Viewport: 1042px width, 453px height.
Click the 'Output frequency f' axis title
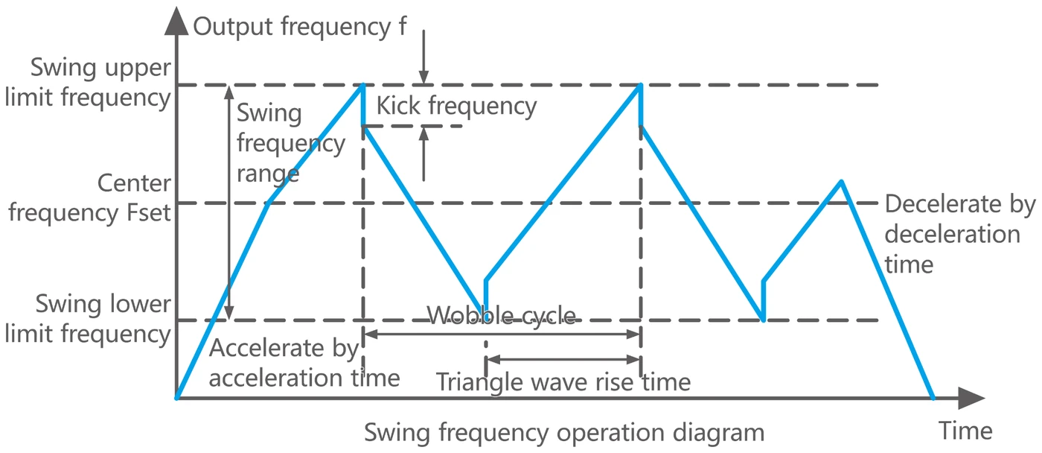click(300, 27)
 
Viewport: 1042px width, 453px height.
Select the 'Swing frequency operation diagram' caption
click(564, 433)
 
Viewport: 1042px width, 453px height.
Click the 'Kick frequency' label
click(456, 106)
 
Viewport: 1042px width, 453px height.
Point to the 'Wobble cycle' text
click(502, 315)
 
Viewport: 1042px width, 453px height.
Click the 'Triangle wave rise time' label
click(563, 382)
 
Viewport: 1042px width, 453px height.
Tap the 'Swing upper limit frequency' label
click(88, 83)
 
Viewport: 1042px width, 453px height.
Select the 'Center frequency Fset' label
click(90, 198)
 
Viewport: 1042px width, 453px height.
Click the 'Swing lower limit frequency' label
click(88, 320)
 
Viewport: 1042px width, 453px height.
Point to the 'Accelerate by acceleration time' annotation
click(304, 363)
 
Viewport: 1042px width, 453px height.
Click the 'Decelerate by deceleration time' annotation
click(960, 234)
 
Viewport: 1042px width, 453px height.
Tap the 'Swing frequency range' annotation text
click(291, 143)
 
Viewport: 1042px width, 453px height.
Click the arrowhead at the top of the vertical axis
click(176, 21)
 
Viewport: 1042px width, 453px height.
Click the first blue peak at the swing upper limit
click(363, 85)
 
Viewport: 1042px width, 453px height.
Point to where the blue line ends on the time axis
click(932, 398)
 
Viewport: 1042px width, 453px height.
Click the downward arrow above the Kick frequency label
click(423, 57)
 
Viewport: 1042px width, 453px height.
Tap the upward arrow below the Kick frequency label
click(423, 153)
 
